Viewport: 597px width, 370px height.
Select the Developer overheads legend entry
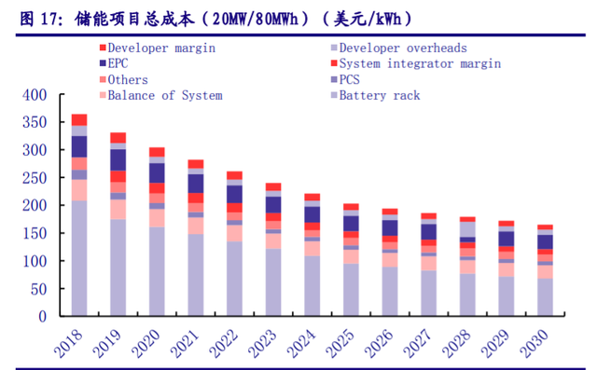(x=402, y=48)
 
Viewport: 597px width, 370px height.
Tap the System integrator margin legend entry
(x=419, y=63)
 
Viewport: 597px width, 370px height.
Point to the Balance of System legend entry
(x=164, y=95)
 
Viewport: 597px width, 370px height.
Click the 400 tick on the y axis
(x=34, y=95)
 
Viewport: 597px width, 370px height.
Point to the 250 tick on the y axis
(x=34, y=178)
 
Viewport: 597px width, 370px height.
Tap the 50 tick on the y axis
(x=37, y=288)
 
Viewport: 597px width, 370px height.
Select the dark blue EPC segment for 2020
(x=157, y=172)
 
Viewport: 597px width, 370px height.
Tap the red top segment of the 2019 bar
(x=118, y=138)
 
